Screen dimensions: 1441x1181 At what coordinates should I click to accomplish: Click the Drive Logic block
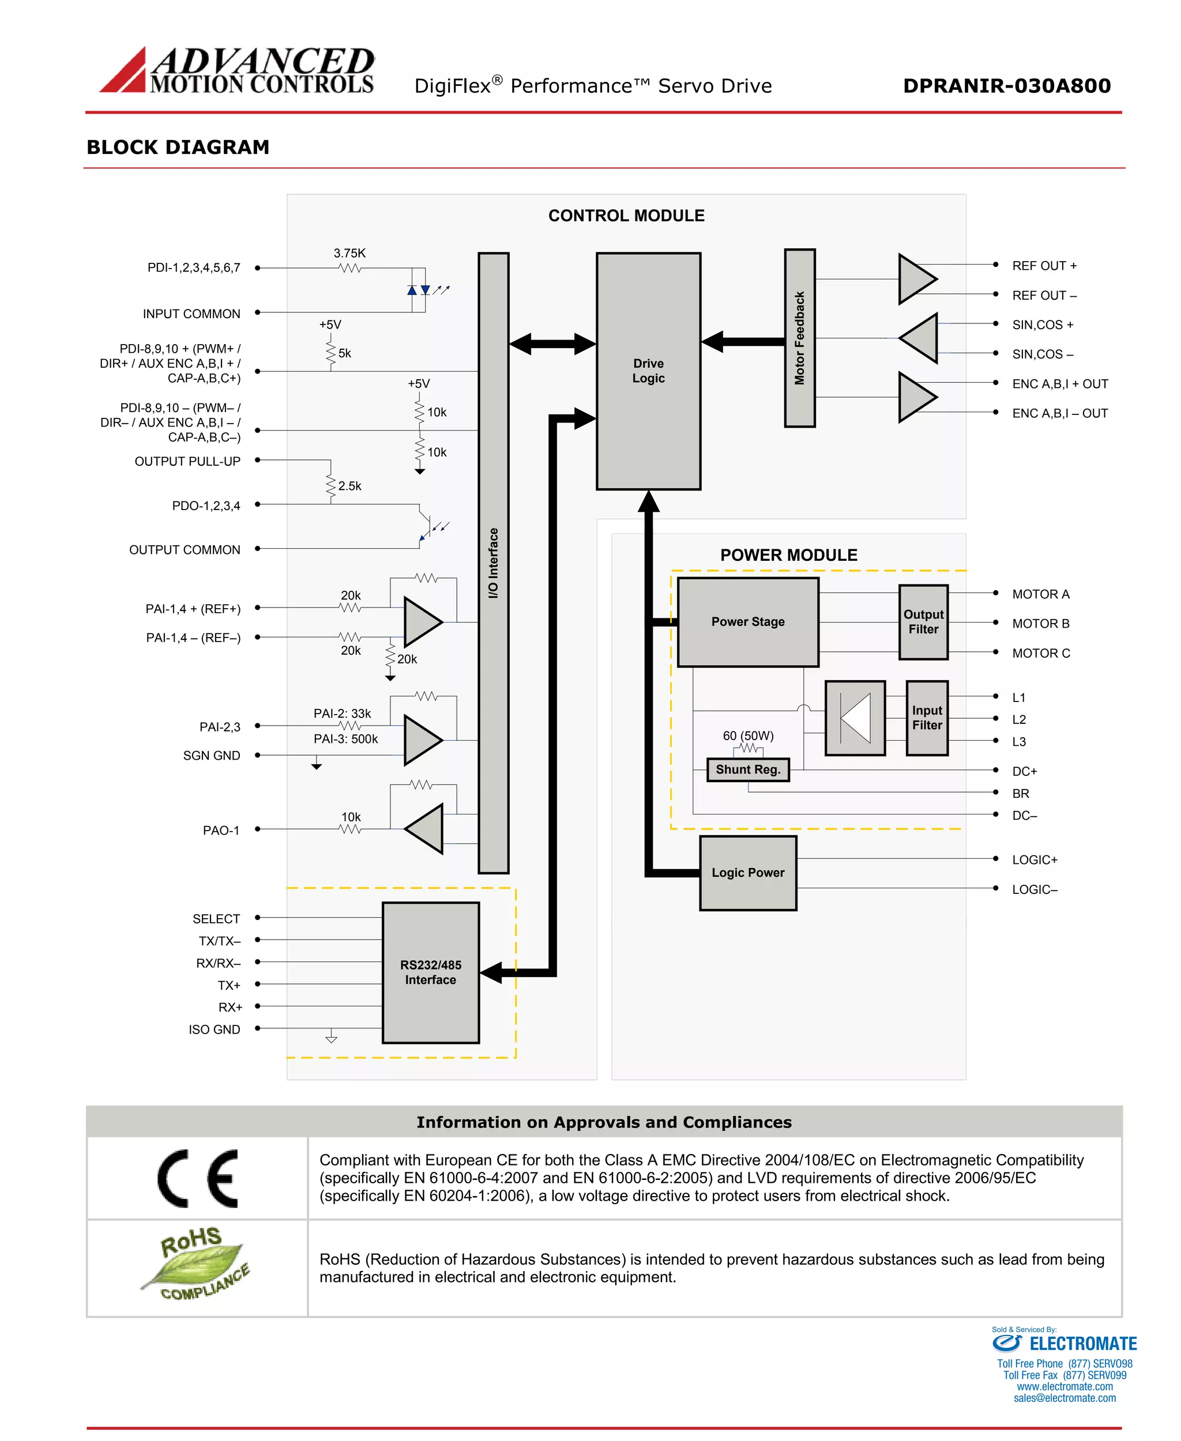[x=648, y=371]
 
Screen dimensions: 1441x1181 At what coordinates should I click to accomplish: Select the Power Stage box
[x=748, y=621]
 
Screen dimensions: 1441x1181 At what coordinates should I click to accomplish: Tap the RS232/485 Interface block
[x=430, y=972]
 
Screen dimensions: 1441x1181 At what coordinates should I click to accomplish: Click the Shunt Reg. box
[x=748, y=769]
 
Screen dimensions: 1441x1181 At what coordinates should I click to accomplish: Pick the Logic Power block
[x=748, y=873]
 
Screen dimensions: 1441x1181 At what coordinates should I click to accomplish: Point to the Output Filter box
[x=923, y=621]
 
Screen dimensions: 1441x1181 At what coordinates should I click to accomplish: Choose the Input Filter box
[x=927, y=718]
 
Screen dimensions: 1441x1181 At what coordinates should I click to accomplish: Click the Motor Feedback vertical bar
[x=799, y=338]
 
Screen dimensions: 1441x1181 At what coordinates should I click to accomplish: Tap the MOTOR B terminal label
[x=1040, y=624]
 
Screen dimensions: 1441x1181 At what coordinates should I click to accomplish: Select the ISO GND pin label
[x=215, y=1029]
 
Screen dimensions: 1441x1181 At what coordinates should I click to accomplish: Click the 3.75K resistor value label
[x=349, y=253]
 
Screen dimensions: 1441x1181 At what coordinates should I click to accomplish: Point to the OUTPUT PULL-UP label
[x=187, y=461]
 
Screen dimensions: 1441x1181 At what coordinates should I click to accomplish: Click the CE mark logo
[x=197, y=1179]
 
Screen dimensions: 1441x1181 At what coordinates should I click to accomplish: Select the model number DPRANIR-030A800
[x=1006, y=86]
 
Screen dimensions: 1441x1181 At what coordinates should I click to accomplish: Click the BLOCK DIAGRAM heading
[x=178, y=147]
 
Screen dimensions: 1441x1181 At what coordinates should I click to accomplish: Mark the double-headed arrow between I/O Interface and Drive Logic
[x=552, y=344]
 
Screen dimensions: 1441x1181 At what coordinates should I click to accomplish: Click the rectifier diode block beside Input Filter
[x=855, y=718]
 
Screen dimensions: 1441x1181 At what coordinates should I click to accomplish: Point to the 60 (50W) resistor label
[x=748, y=736]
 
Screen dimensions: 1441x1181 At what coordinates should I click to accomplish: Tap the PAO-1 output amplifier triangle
[x=425, y=828]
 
